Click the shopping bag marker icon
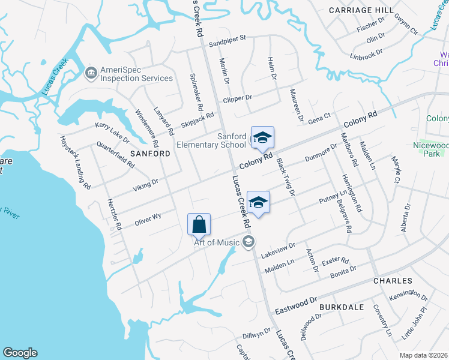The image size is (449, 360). (199, 224)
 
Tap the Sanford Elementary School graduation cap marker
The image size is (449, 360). (262, 139)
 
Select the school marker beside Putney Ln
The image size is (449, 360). (258, 202)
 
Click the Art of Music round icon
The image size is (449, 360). (248, 242)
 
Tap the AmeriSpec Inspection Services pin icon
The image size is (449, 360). (91, 73)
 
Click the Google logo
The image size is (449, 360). (20, 353)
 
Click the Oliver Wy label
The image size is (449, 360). (148, 217)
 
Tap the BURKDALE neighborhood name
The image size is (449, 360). (342, 307)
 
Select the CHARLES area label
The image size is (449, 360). (393, 281)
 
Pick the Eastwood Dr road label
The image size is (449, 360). (295, 306)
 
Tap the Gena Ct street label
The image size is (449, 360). (319, 117)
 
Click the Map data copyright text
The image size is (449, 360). (424, 355)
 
